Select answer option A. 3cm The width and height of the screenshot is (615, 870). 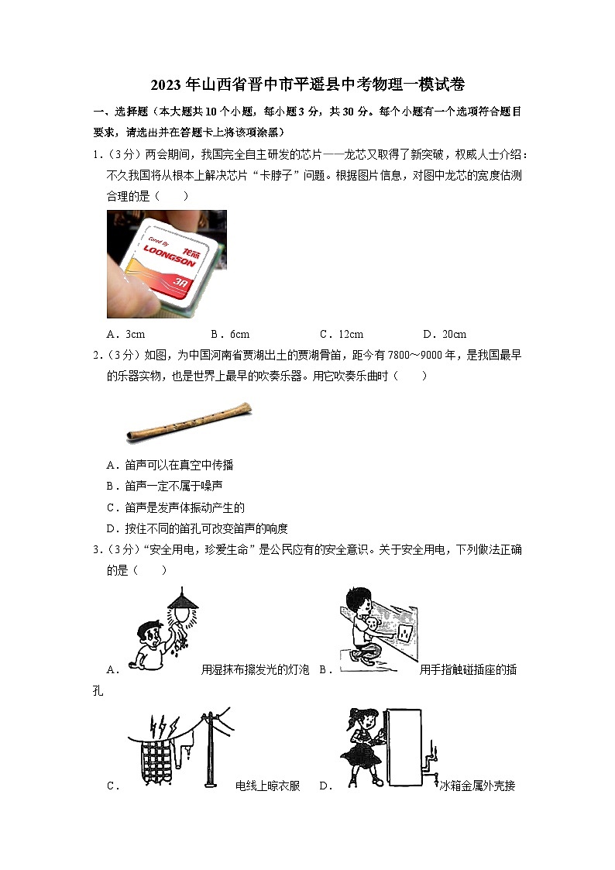[x=126, y=334]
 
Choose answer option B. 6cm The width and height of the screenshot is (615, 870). [x=230, y=334]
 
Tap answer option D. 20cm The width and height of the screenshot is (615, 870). [x=445, y=334]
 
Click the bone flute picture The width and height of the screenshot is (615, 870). [x=187, y=423]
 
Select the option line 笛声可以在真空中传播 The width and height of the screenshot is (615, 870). [x=170, y=465]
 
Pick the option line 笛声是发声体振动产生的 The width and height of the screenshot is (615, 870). [x=175, y=507]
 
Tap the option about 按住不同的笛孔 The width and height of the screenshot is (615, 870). [x=197, y=528]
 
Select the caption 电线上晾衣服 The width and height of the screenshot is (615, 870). [x=267, y=786]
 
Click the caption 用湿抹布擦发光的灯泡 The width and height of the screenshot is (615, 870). [x=255, y=669]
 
